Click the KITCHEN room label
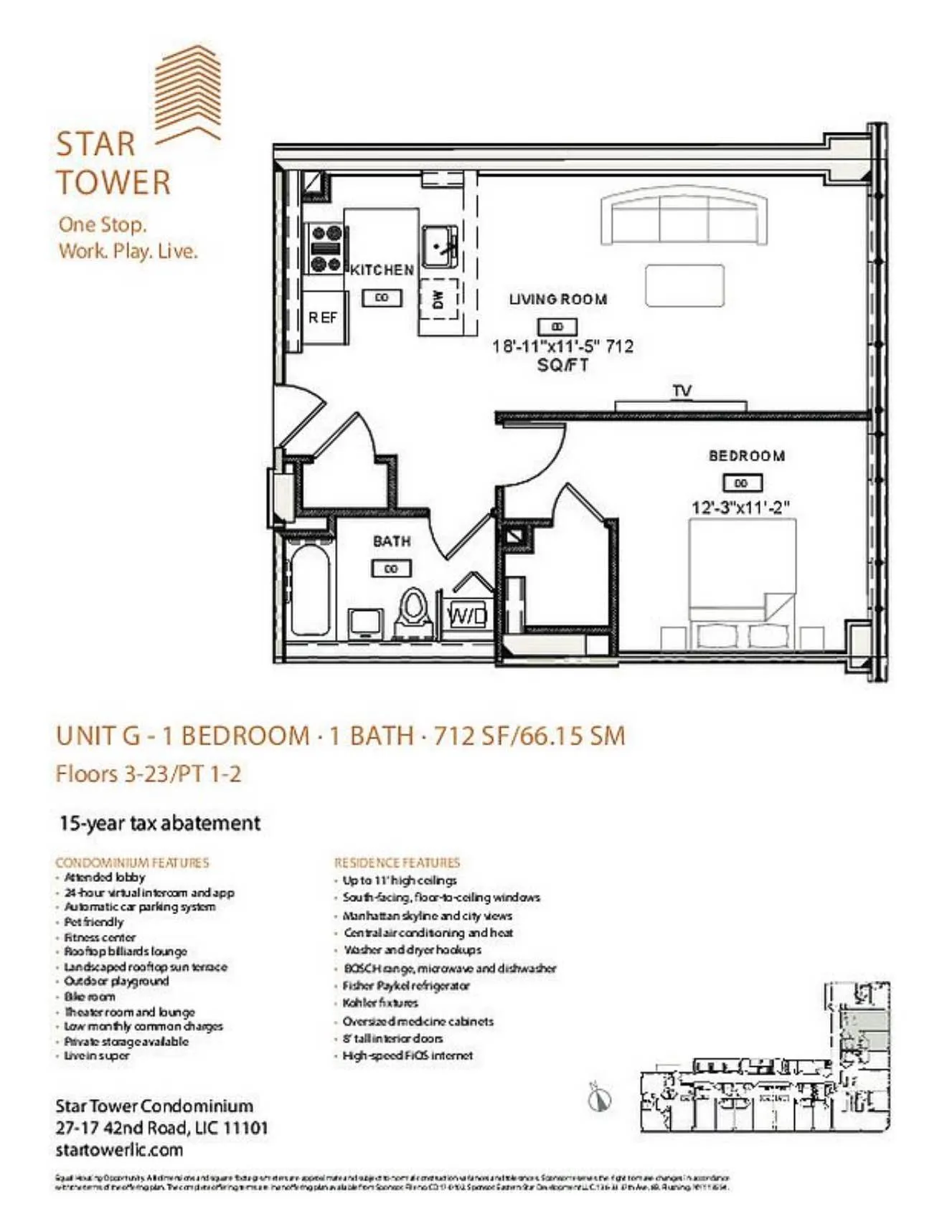(x=382, y=270)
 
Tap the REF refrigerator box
(x=323, y=317)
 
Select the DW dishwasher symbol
(x=438, y=299)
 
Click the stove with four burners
(x=325, y=248)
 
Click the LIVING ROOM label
(x=557, y=299)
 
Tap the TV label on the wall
(x=682, y=391)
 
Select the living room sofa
(x=684, y=218)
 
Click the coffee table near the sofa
(x=684, y=285)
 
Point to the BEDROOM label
(x=746, y=456)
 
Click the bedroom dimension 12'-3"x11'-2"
(x=740, y=508)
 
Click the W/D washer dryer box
(x=467, y=615)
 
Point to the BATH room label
(x=392, y=541)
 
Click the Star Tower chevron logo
(x=189, y=93)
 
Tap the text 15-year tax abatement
(x=159, y=823)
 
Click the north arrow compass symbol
(x=599, y=1098)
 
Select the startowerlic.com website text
(x=119, y=1150)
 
